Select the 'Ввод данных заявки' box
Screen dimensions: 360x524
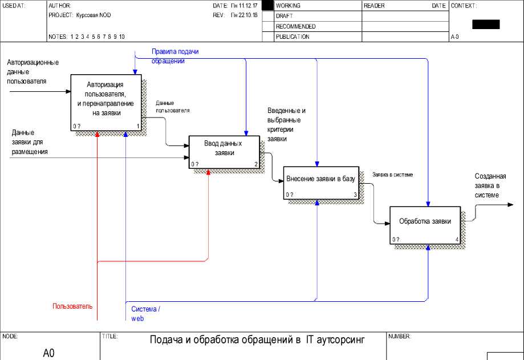click(224, 152)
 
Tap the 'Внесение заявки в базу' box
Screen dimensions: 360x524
click(320, 179)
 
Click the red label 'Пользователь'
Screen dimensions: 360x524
click(72, 306)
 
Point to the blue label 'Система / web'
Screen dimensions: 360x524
click(145, 313)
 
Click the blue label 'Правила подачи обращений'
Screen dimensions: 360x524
click(175, 56)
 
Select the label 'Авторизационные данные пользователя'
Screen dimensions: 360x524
click(33, 71)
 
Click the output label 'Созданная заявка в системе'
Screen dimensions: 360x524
click(490, 186)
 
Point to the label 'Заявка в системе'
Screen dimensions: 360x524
click(392, 175)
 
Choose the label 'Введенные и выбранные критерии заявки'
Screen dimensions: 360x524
click(287, 124)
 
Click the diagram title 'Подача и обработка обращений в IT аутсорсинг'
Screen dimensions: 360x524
click(257, 340)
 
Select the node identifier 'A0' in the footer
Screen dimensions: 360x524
click(49, 353)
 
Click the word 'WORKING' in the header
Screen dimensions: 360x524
click(288, 6)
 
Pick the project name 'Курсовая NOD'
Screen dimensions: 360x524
click(94, 15)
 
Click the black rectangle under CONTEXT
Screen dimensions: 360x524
click(486, 24)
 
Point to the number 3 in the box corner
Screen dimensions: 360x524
click(355, 195)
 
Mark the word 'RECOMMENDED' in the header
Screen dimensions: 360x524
click(295, 26)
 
